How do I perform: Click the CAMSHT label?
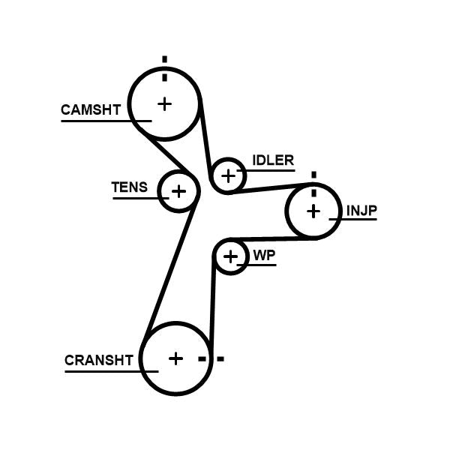pos(90,110)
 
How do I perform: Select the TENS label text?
pos(130,187)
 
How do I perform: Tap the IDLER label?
pos(273,160)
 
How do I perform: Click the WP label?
pos(264,256)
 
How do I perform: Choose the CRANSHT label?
pos(99,360)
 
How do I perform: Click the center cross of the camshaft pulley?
pos(164,103)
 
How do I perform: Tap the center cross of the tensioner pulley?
pos(178,191)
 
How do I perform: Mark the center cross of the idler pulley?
pos(229,176)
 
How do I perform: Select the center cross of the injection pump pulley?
pos(313,211)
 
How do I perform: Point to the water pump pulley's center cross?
pos(230,257)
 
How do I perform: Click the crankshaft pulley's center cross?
pos(175,358)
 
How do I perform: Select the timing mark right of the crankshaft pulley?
pos(211,358)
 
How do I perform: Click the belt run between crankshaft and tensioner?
pos(171,270)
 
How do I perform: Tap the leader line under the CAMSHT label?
pos(105,120)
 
